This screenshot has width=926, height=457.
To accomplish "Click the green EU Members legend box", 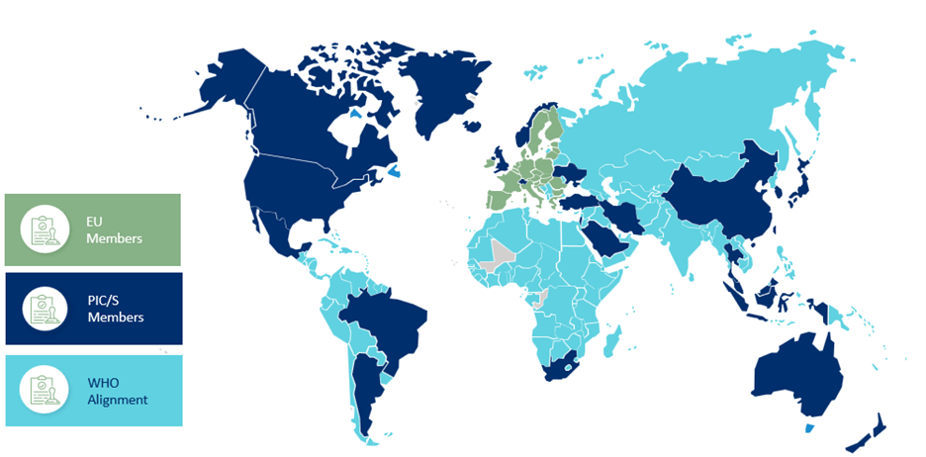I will click(92, 229).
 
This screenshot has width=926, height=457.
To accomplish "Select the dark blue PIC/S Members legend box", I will click(92, 309).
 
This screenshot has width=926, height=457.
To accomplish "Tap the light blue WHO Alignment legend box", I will click(92, 391).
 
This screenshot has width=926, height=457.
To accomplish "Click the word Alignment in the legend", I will click(117, 400).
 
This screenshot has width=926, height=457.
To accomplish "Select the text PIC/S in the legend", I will click(103, 301).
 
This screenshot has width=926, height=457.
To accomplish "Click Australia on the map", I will click(796, 377).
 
